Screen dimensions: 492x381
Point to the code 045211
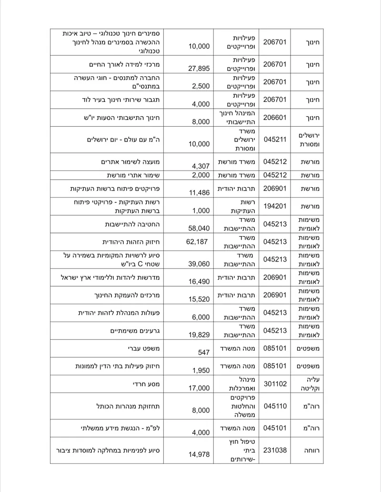click(275, 140)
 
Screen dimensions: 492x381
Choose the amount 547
click(203, 353)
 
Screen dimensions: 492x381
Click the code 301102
click(275, 384)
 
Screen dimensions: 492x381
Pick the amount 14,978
click(199, 455)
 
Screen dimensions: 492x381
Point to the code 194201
click(275, 206)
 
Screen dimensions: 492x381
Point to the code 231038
click(275, 450)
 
